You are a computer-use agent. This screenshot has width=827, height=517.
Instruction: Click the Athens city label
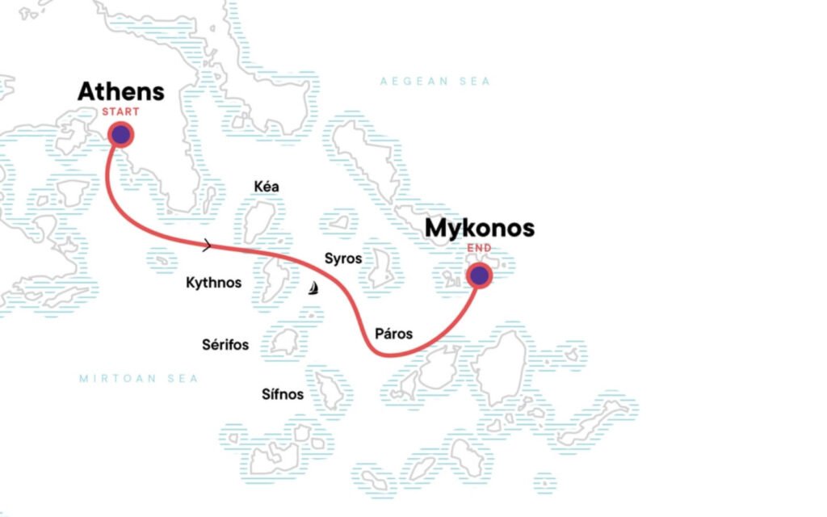click(x=120, y=91)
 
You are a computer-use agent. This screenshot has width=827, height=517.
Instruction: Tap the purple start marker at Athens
click(x=120, y=135)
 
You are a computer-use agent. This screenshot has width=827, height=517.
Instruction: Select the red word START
click(x=120, y=111)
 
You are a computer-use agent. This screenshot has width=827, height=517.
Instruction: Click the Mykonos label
click(x=480, y=229)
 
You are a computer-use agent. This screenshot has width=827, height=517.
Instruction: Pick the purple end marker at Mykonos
click(x=480, y=276)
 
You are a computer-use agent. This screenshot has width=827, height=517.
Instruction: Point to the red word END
click(x=480, y=248)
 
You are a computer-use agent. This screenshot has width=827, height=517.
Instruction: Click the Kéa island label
click(x=266, y=187)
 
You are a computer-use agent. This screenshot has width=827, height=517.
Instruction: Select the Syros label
click(x=342, y=258)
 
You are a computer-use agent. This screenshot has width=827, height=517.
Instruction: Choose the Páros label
click(x=394, y=333)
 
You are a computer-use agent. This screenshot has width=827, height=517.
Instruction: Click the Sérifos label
click(x=225, y=346)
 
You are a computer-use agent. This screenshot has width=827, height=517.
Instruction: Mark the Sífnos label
click(x=283, y=394)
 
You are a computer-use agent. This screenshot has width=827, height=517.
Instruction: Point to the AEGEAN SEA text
click(x=435, y=82)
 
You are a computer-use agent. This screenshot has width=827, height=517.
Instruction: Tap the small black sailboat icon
click(x=313, y=288)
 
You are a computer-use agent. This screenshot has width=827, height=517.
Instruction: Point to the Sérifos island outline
click(x=284, y=342)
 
